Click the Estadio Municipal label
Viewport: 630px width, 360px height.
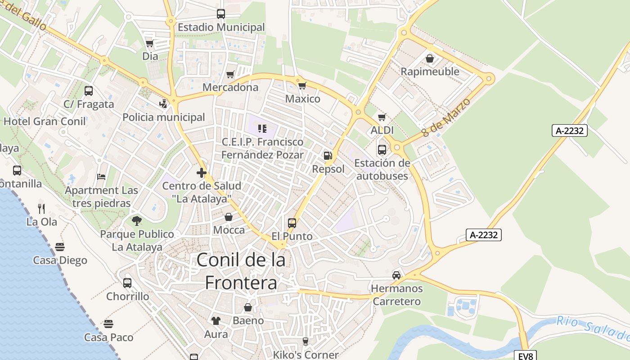pos(221,27)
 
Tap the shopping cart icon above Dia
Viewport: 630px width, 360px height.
pos(150,43)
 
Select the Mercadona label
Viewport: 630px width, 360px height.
pos(230,87)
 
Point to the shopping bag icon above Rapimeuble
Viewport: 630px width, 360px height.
pos(430,58)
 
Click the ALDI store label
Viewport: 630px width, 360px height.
pos(382,130)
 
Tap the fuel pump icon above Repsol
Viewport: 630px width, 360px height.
pos(328,156)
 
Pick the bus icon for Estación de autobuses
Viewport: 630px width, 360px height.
pos(382,150)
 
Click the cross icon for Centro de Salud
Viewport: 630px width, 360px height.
pos(202,172)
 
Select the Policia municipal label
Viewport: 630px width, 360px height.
pos(164,117)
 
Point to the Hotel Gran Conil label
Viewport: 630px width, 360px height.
pos(45,121)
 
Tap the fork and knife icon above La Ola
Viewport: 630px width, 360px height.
pos(41,208)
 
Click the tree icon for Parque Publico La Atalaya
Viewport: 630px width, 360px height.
pos(137,220)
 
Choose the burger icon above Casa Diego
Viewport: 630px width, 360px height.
pos(60,247)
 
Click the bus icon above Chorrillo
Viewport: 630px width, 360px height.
pos(127,283)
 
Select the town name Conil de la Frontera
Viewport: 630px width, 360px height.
pos(241,271)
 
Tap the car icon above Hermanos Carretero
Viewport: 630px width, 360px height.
pos(396,275)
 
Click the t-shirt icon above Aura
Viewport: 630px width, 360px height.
pos(216,321)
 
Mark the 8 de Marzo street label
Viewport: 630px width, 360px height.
pos(446,118)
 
